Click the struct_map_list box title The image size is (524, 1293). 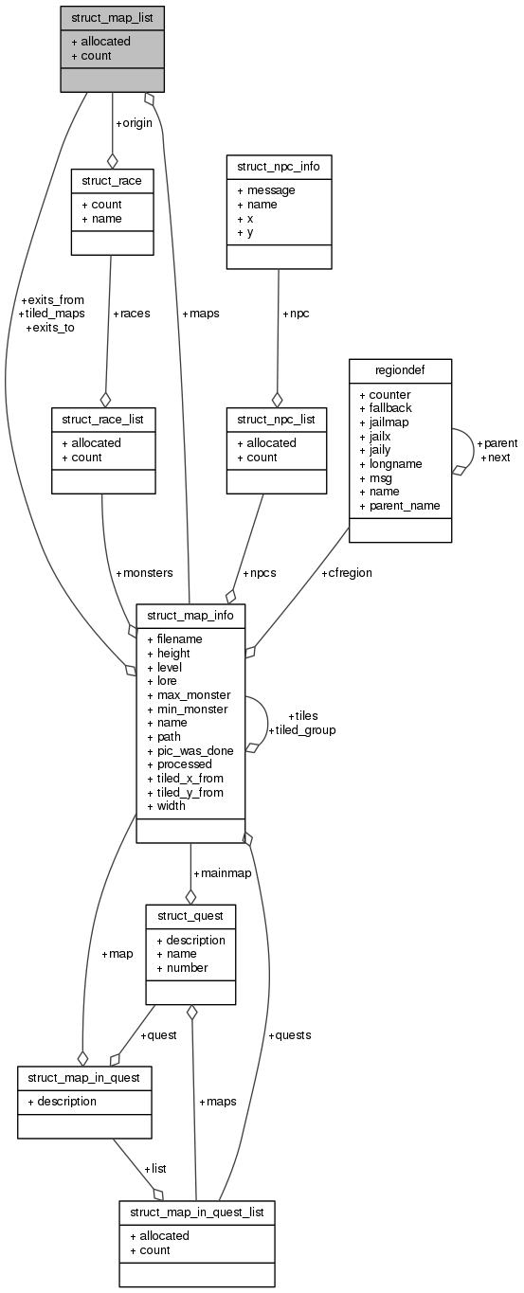click(x=112, y=17)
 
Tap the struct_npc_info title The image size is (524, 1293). click(x=279, y=166)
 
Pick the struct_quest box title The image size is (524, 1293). click(x=190, y=916)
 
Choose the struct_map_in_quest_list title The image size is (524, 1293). click(x=197, y=1212)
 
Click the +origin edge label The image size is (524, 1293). click(x=135, y=123)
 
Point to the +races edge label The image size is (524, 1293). click(x=132, y=313)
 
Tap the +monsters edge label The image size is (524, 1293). click(x=144, y=573)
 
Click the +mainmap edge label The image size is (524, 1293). click(x=222, y=872)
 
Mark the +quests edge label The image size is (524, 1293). click(x=290, y=1034)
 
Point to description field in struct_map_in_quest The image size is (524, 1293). click(x=62, y=1101)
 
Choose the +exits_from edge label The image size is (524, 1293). click(x=51, y=299)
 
